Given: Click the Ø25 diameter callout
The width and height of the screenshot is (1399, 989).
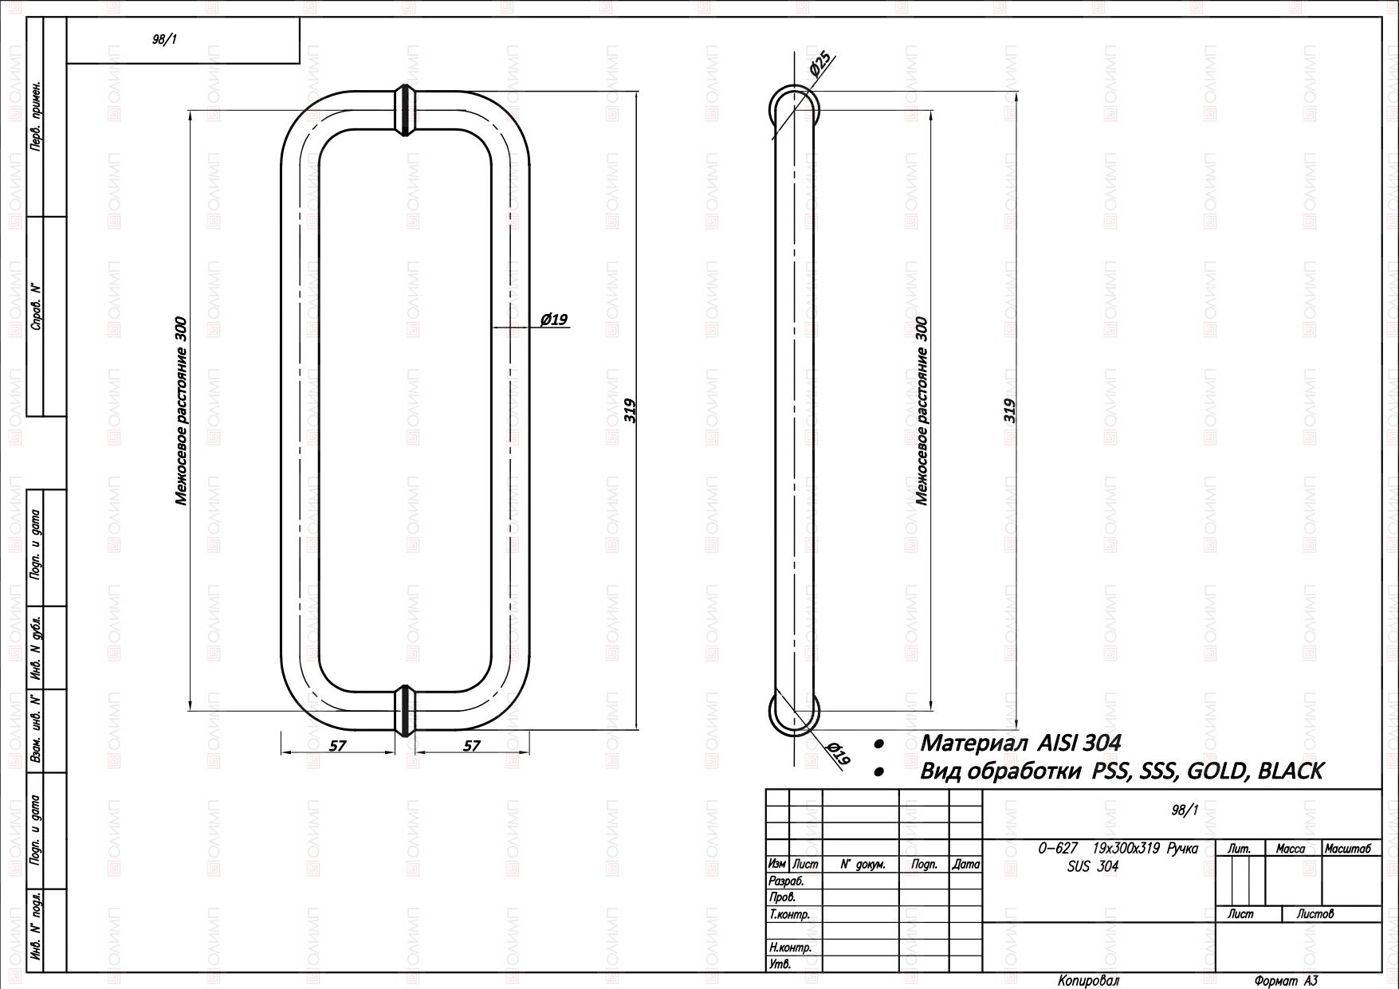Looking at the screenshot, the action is [820, 64].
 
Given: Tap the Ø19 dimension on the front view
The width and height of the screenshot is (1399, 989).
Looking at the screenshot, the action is [553, 320].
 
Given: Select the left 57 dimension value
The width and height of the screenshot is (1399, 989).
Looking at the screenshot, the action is [338, 745].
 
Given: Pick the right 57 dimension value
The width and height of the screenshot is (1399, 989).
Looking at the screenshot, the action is [473, 745].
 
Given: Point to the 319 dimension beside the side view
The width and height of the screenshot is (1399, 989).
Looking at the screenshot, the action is [1010, 410].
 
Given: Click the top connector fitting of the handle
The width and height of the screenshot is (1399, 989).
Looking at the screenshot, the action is [406, 109].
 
